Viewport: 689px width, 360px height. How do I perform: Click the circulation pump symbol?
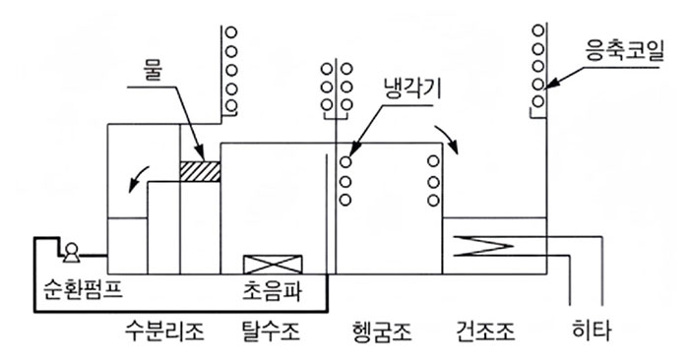click(71, 255)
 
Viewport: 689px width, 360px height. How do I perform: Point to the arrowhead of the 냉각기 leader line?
click(349, 152)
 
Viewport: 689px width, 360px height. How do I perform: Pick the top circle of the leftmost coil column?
click(229, 32)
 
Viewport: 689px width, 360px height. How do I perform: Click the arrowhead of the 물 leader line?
click(203, 156)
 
